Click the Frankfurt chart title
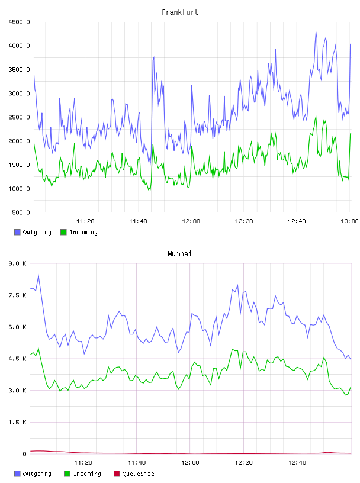[x=180, y=12]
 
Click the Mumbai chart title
[x=179, y=254]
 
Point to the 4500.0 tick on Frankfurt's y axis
[x=19, y=22]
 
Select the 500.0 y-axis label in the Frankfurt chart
[x=21, y=212]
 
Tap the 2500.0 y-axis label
[x=19, y=117]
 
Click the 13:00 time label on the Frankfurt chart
[x=349, y=221]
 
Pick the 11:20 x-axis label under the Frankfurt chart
[x=85, y=221]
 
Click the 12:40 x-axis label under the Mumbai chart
[x=297, y=463]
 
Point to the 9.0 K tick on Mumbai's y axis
[x=18, y=263]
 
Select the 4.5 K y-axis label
[x=18, y=359]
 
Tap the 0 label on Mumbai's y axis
[x=24, y=454]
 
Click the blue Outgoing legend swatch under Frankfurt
[x=17, y=232]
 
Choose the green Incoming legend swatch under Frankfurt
[x=63, y=232]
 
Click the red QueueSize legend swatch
[x=117, y=474]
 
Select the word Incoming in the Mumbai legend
[x=87, y=474]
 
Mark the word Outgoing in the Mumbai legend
[x=37, y=474]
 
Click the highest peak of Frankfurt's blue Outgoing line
[x=316, y=31]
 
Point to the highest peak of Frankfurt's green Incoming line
[x=316, y=117]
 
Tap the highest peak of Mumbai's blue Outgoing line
[x=38, y=275]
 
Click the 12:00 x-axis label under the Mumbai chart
[x=190, y=463]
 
